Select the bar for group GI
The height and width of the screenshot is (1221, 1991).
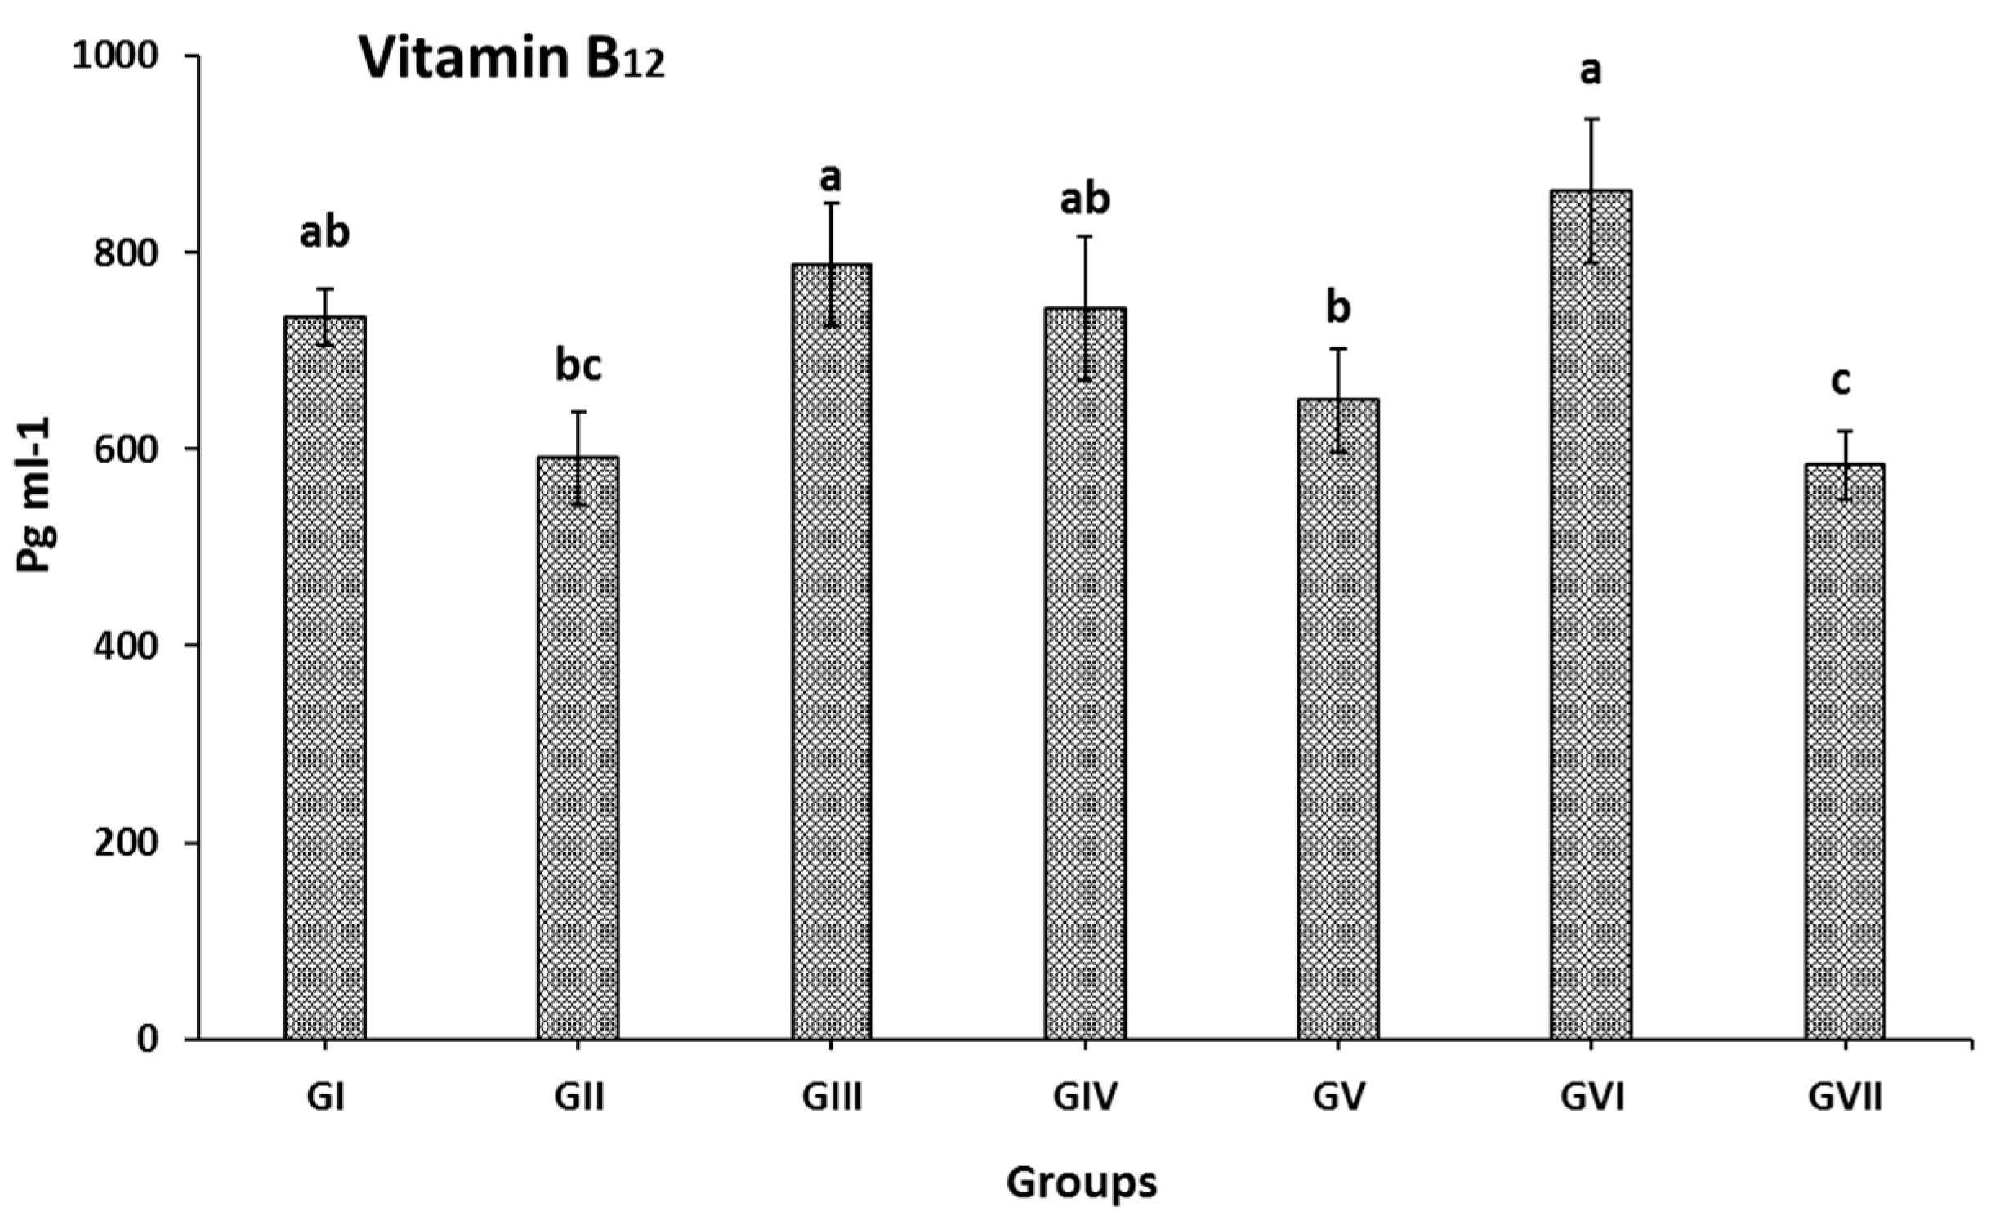(325, 678)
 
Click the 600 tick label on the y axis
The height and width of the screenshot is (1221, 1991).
(124, 449)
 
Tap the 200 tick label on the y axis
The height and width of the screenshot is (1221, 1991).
(124, 843)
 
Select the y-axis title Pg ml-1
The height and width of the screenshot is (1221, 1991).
(35, 494)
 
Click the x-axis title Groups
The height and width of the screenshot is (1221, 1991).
(1081, 1183)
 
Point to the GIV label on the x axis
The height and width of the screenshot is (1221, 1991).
(1084, 1098)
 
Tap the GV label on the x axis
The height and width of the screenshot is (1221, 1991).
(1337, 1098)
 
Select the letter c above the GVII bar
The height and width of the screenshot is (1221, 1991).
(1840, 381)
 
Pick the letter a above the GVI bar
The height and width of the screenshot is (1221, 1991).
(1590, 72)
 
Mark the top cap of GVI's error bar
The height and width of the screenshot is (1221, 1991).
(1591, 119)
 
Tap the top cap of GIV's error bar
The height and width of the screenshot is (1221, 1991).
(1084, 236)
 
